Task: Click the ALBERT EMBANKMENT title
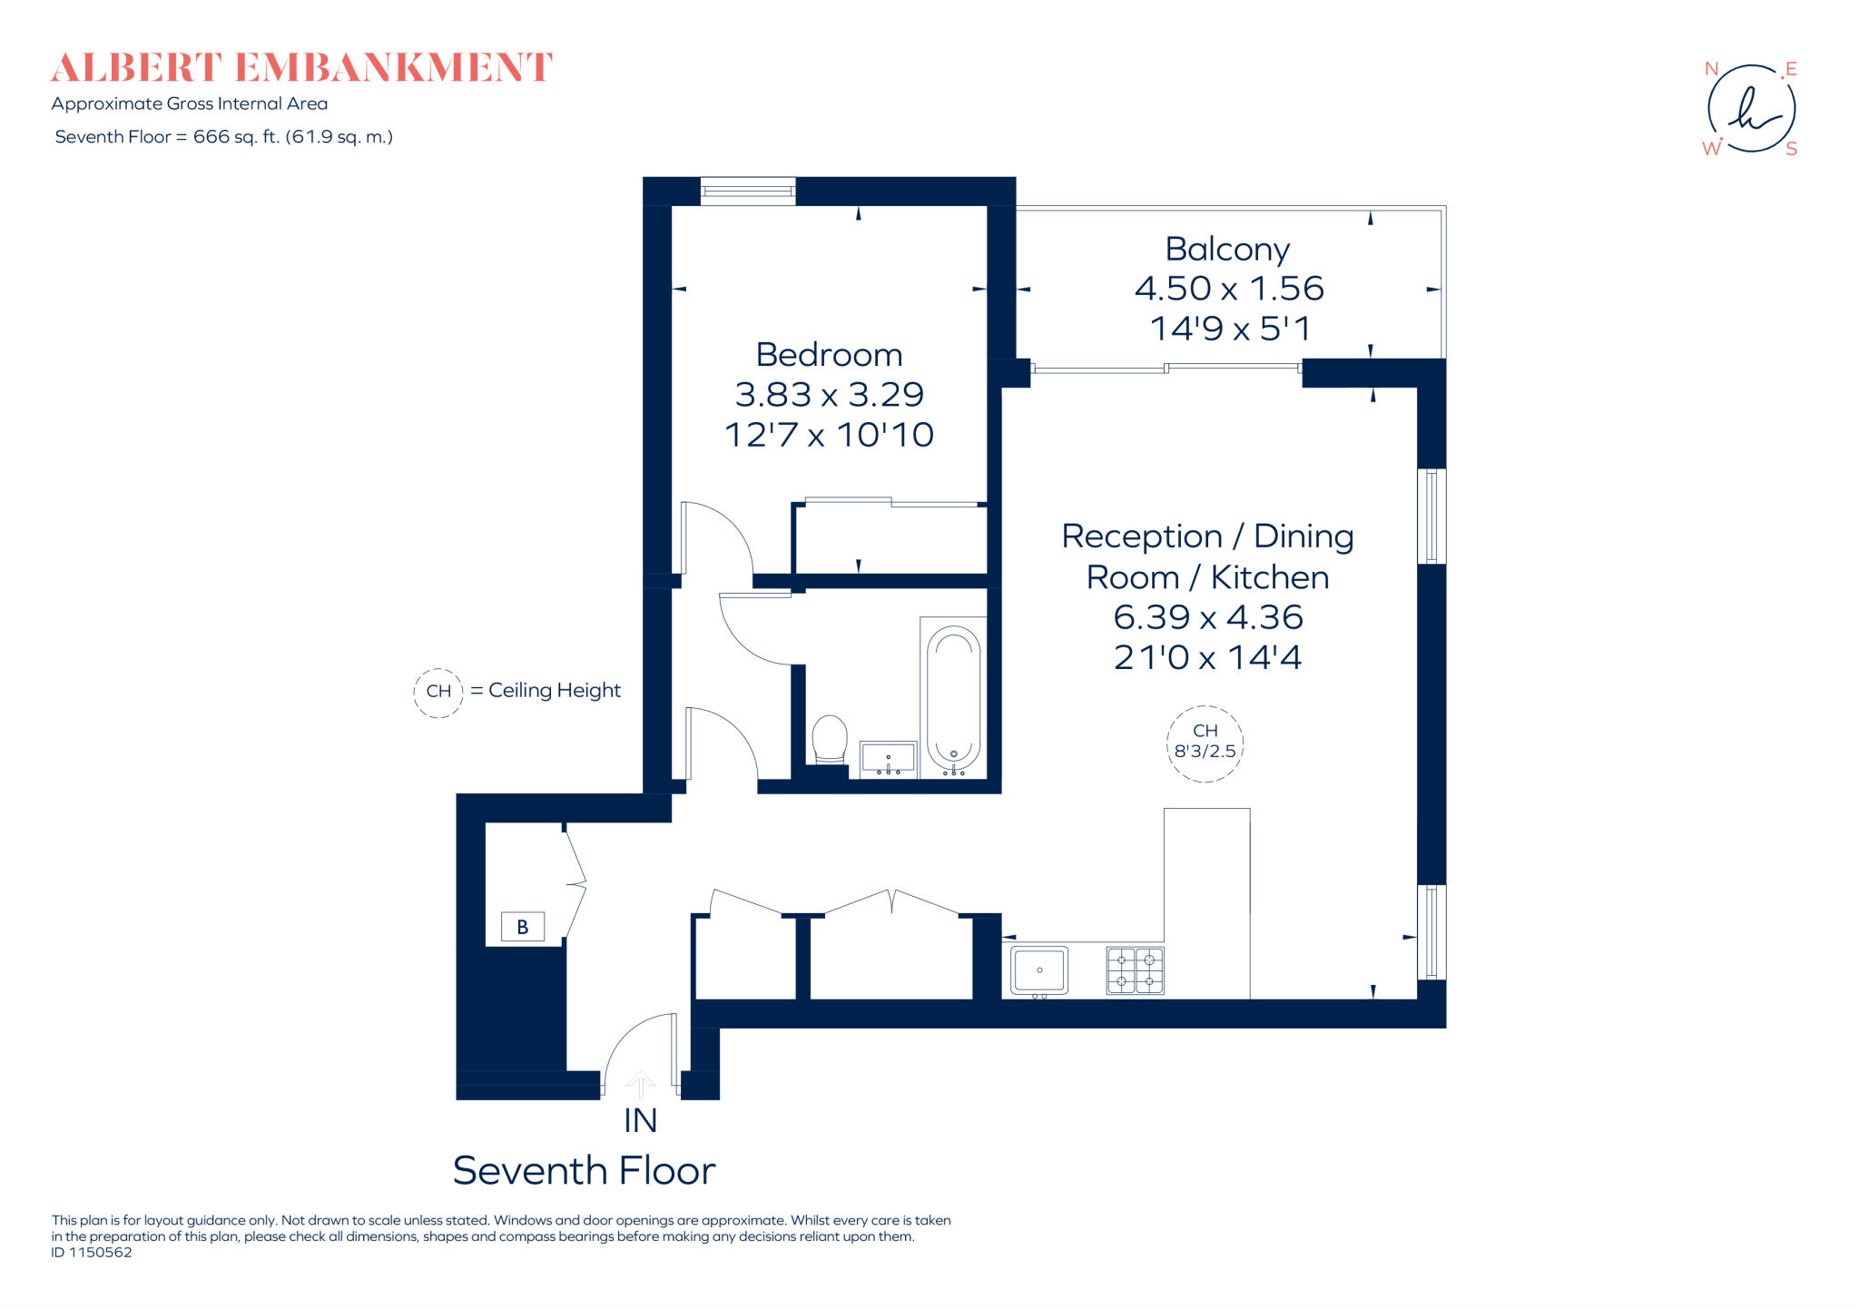(300, 68)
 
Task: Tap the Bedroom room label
(829, 354)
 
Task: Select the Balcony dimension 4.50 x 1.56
(1229, 289)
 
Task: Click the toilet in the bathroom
(829, 739)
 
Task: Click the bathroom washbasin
(888, 758)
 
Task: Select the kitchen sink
(1039, 969)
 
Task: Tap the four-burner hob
(1135, 970)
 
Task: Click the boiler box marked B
(522, 927)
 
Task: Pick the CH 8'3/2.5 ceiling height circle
(1205, 743)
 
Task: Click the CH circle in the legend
(438, 692)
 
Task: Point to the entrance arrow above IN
(641, 1084)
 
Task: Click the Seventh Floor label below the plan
(584, 1171)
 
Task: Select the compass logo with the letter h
(1751, 109)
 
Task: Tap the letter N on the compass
(1711, 69)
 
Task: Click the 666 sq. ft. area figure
(236, 137)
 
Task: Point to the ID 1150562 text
(92, 1253)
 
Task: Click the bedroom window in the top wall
(748, 192)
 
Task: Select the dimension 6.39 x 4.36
(1208, 617)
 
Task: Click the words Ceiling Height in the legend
(554, 691)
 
